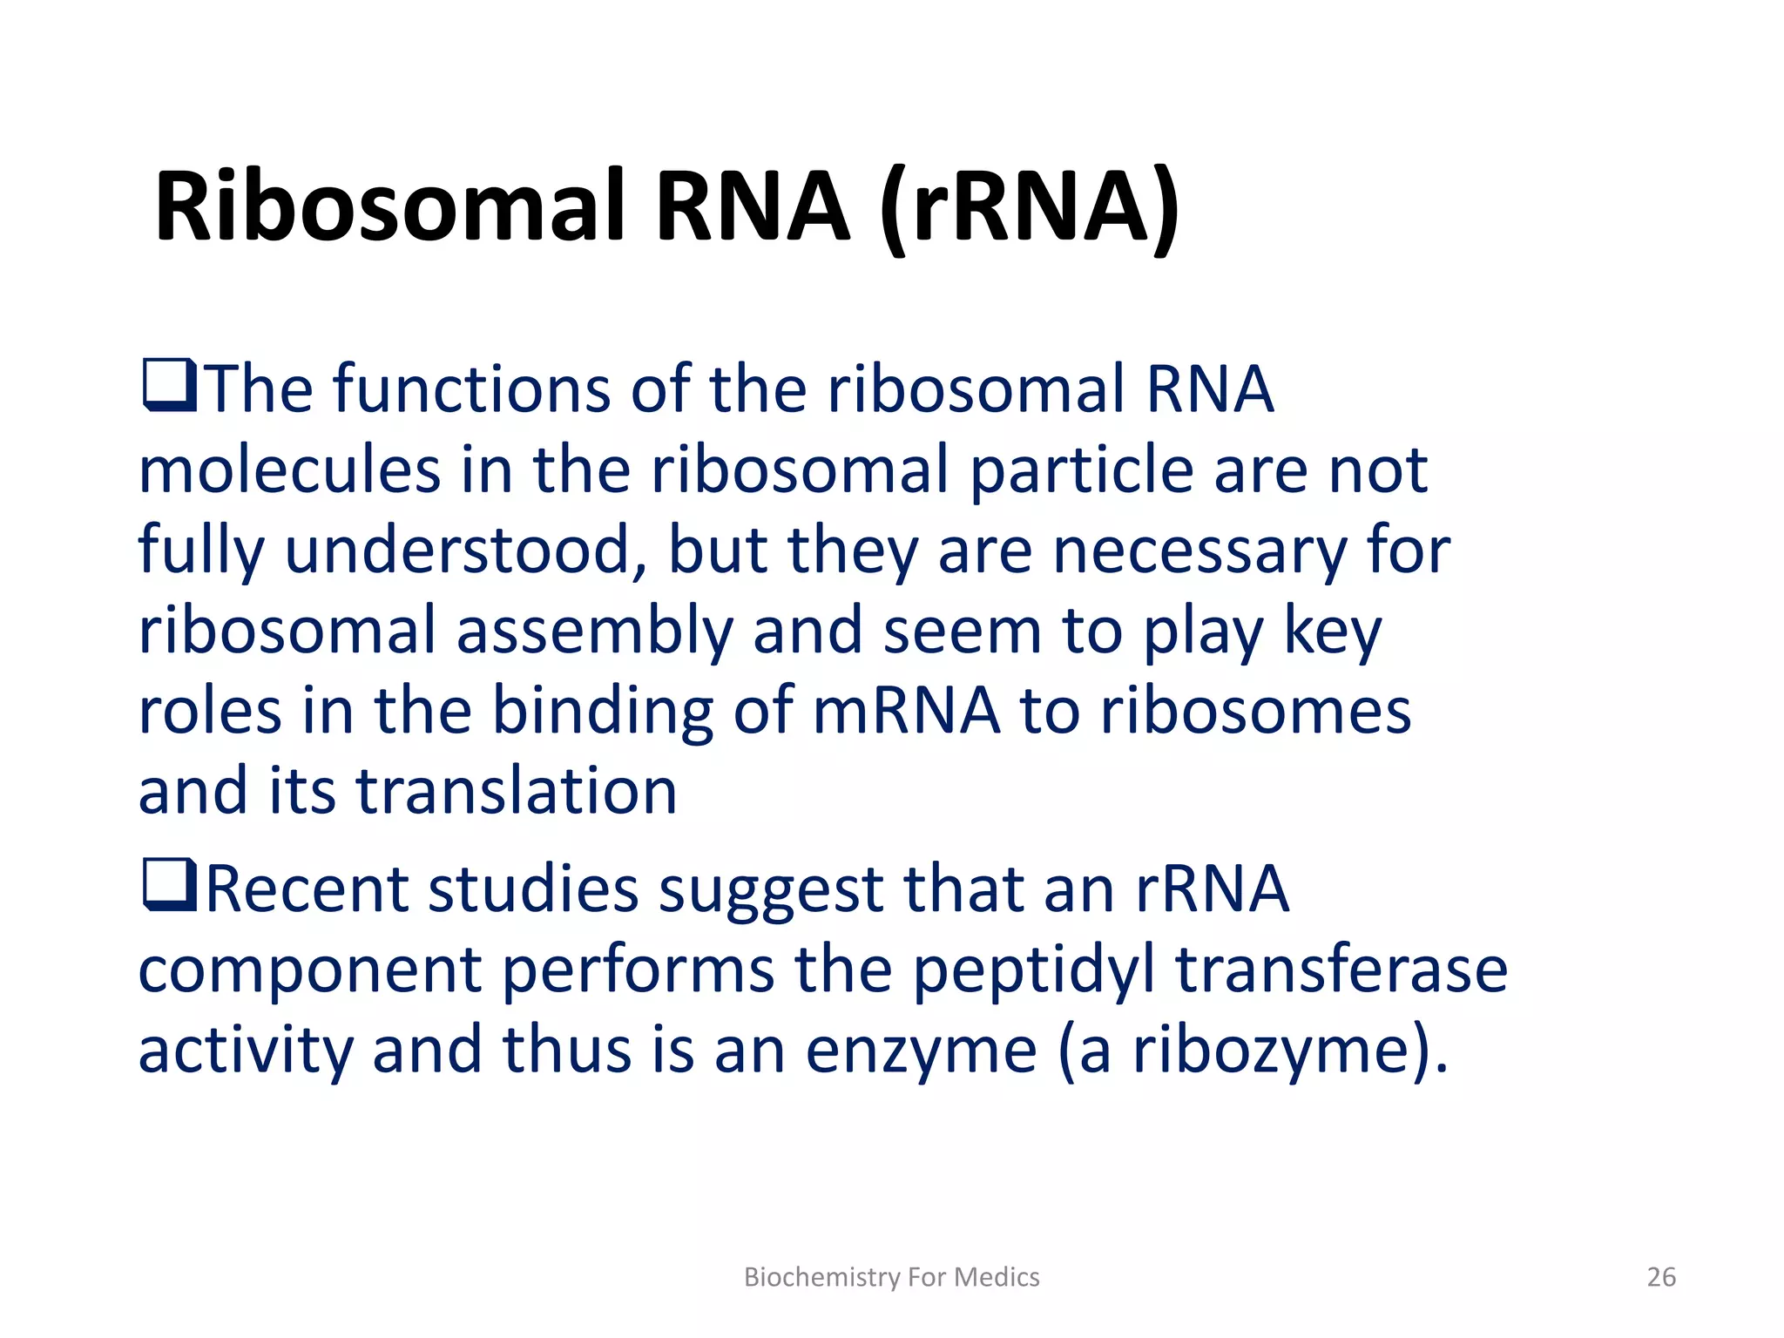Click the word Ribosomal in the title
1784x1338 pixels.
click(389, 207)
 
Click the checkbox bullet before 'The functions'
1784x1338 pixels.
click(169, 387)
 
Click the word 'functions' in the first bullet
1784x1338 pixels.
click(471, 389)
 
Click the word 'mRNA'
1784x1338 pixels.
click(906, 711)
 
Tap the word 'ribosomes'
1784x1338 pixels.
click(1255, 711)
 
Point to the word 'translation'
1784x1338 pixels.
click(517, 791)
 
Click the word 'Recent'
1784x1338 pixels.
click(307, 889)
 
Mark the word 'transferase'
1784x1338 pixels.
click(1341, 970)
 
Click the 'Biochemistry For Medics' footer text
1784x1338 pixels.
click(891, 1277)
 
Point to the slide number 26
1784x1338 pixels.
click(1660, 1277)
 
